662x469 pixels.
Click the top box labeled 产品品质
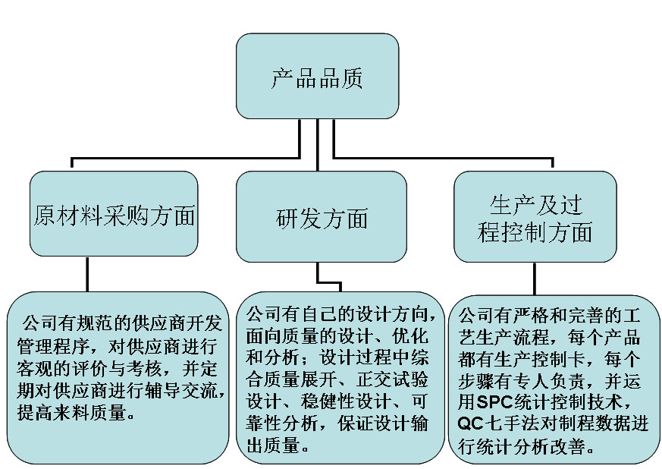point(317,76)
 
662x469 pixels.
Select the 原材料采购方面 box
point(114,213)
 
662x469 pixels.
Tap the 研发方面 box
point(322,216)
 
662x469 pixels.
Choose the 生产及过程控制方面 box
point(535,216)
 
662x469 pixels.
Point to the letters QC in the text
point(470,423)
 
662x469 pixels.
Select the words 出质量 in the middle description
point(273,445)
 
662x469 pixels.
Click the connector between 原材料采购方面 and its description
point(87,274)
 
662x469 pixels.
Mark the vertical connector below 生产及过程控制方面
point(535,279)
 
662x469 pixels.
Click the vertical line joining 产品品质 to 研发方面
point(318,145)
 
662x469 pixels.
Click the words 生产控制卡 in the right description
point(540,360)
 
